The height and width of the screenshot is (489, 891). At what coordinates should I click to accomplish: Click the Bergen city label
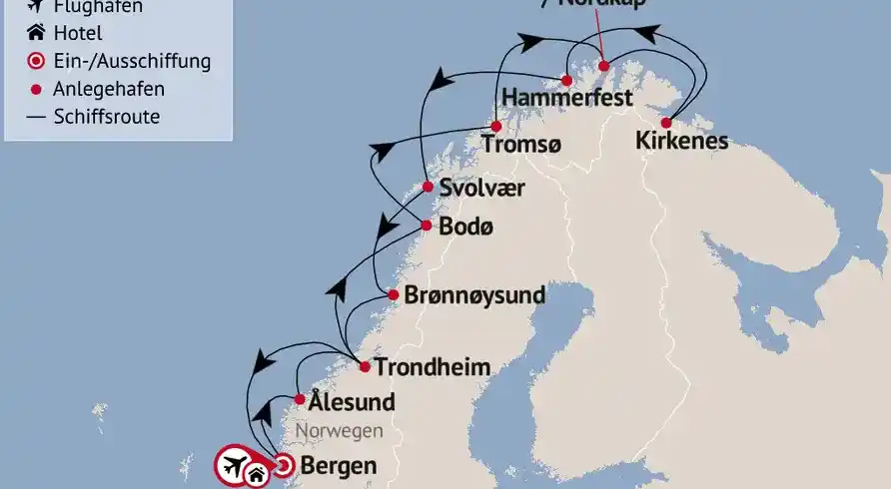click(339, 465)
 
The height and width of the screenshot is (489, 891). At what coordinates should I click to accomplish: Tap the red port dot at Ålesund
click(300, 399)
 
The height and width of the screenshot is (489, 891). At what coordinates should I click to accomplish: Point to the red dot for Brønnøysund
click(395, 295)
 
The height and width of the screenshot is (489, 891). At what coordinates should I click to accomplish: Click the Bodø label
click(467, 227)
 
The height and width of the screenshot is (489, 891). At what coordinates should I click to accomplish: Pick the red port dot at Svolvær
click(428, 187)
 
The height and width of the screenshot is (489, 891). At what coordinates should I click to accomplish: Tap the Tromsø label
click(520, 145)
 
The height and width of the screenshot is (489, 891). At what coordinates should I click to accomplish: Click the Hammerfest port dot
click(566, 80)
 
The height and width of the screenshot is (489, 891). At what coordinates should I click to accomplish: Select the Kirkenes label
click(681, 143)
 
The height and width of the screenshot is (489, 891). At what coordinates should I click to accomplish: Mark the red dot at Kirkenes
click(666, 123)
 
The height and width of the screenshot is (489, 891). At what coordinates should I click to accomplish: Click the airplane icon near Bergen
click(234, 464)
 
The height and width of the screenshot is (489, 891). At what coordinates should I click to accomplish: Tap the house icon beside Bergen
click(257, 475)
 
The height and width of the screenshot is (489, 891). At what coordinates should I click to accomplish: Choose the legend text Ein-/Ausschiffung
click(132, 61)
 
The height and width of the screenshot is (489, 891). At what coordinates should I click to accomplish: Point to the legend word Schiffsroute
click(107, 117)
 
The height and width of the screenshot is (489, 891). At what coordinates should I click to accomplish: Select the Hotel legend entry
click(78, 34)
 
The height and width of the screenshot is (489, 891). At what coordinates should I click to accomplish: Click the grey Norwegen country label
click(340, 431)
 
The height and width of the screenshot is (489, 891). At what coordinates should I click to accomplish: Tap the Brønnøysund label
click(474, 295)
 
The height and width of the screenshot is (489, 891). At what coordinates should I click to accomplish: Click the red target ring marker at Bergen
click(283, 464)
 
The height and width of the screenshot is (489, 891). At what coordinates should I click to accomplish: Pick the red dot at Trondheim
click(365, 367)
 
